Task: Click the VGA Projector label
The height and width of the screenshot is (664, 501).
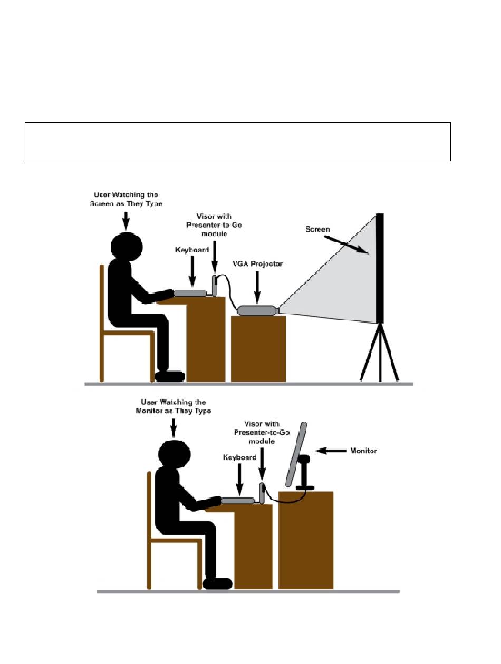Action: click(x=257, y=264)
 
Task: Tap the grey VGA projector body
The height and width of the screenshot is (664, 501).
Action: click(x=257, y=310)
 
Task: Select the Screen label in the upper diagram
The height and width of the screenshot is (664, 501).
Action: click(x=317, y=229)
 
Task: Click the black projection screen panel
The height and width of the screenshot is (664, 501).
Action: click(x=380, y=268)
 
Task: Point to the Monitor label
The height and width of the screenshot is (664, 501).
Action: click(x=363, y=451)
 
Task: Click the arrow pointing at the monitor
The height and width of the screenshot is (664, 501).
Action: click(x=330, y=451)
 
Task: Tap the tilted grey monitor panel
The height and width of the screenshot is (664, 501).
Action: click(x=296, y=455)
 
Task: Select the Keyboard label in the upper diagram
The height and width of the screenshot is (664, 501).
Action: click(x=192, y=250)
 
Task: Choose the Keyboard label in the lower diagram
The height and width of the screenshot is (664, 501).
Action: click(x=239, y=457)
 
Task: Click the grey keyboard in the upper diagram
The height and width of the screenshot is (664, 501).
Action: click(x=190, y=293)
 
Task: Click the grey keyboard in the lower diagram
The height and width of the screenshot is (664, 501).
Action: click(x=238, y=501)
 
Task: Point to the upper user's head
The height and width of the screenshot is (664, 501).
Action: click(x=127, y=247)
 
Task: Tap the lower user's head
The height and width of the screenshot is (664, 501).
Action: click(x=175, y=454)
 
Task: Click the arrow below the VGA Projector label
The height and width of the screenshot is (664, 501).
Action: click(x=257, y=287)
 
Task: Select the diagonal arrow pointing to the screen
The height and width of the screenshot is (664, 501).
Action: click(x=346, y=245)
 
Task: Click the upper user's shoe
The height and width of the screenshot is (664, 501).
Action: click(x=170, y=376)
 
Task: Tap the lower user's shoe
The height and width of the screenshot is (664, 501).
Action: click(x=217, y=583)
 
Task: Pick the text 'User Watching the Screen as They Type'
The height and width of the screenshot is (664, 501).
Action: click(x=126, y=199)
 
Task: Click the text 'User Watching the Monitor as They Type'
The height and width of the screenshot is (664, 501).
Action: click(x=173, y=406)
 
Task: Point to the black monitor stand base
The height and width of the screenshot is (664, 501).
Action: click(x=304, y=487)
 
